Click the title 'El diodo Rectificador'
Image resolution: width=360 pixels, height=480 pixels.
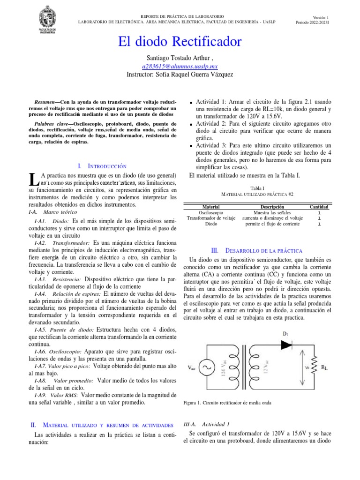tap(180, 42)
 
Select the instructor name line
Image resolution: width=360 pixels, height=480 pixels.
tap(180, 75)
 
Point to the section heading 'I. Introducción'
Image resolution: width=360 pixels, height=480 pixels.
tap(102, 166)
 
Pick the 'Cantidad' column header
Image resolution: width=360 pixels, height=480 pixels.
tap(319, 207)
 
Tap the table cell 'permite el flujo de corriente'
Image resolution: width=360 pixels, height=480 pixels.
tap(272, 224)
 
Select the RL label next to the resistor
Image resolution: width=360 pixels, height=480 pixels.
tap(324, 368)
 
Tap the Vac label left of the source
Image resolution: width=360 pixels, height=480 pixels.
tap(192, 368)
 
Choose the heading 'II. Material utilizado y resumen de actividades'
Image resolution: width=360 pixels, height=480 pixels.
tap(102, 425)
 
